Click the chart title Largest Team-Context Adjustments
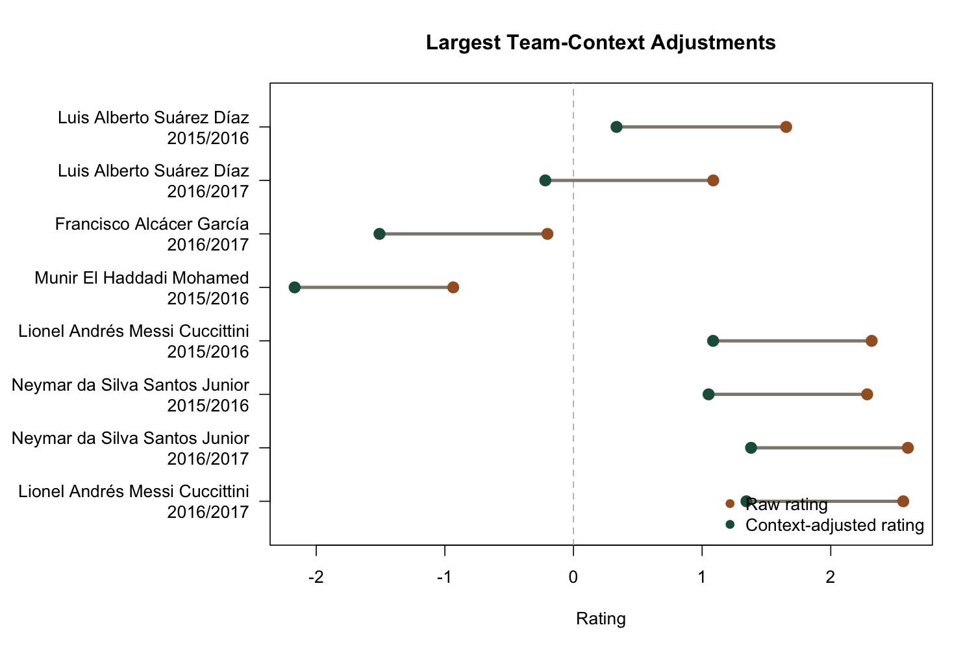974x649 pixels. pos(601,43)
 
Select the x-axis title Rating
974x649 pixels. pos(601,619)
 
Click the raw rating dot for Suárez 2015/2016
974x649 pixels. pos(786,127)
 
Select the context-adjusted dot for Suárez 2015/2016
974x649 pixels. pos(616,127)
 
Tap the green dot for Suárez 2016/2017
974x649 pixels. pos(545,180)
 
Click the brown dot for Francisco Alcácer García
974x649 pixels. pos(547,234)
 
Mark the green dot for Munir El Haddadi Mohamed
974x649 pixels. pos(294,287)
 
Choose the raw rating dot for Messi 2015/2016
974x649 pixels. pos(871,341)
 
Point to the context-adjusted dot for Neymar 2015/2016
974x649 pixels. pos(708,394)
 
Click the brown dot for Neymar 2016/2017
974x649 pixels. pos(908,448)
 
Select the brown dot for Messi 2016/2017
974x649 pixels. pos(903,501)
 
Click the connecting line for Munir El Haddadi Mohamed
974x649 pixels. pos(373,287)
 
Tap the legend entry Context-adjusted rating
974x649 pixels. pos(834,525)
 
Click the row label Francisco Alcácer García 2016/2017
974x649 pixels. pos(152,234)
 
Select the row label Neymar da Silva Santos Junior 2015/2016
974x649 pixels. pos(131,395)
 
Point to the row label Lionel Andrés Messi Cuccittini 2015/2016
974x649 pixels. pos(134,341)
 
